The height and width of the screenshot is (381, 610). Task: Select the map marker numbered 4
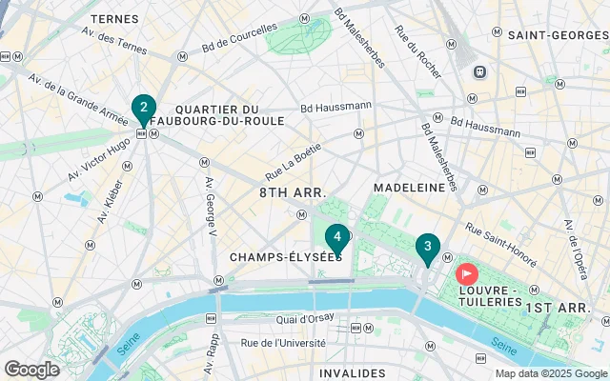[x=336, y=238]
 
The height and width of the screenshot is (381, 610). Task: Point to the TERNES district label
[x=115, y=18]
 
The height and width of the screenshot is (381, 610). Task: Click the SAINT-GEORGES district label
[x=558, y=35]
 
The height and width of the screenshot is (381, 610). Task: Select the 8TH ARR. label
[x=293, y=192]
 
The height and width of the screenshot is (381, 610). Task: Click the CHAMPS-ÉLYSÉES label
[x=286, y=257]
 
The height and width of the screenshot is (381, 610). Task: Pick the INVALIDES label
[x=353, y=372]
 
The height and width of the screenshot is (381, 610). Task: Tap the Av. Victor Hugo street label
[x=98, y=161]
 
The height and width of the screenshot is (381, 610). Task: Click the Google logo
[x=31, y=370]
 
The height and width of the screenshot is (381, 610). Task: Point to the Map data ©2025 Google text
[x=550, y=373]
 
